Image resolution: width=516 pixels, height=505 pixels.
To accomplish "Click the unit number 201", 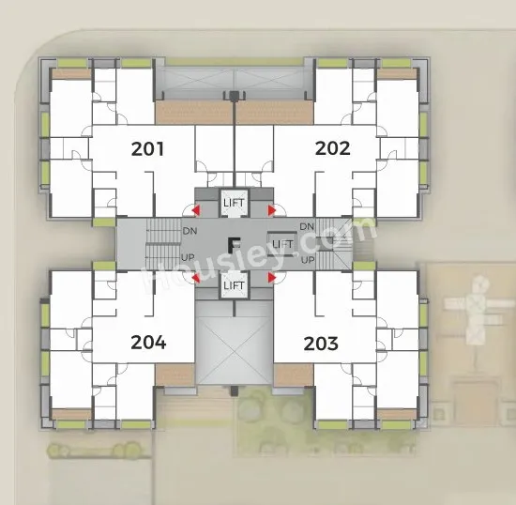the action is (147, 149).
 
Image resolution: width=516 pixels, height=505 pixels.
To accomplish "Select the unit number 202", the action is (332, 148).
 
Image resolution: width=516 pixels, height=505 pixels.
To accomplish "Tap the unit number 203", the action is (321, 344).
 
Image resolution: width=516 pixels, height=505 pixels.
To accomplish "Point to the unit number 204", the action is (148, 343).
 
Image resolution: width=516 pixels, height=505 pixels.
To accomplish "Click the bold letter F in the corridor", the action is (234, 245).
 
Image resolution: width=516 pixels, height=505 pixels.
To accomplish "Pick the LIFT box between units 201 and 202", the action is (234, 203).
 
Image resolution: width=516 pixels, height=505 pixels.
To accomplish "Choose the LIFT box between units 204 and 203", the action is (234, 285).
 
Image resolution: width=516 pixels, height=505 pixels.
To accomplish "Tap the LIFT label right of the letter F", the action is (282, 244).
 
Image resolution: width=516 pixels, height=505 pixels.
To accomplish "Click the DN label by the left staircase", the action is (190, 231).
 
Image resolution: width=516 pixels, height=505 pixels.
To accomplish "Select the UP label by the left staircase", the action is (188, 257).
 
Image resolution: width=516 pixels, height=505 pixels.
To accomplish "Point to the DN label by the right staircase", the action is (307, 226).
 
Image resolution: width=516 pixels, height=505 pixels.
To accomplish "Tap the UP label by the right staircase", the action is (308, 260).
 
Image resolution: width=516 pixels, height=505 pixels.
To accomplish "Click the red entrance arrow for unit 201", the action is (196, 210).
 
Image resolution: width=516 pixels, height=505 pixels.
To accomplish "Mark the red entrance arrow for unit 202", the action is (272, 210).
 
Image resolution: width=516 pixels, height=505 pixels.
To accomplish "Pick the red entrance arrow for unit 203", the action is (272, 278).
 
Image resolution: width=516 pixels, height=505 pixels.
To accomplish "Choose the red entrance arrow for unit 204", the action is (196, 278).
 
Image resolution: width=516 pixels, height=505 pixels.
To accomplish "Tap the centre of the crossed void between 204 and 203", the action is (234, 351).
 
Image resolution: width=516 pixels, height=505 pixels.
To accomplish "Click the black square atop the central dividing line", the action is (234, 96).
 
